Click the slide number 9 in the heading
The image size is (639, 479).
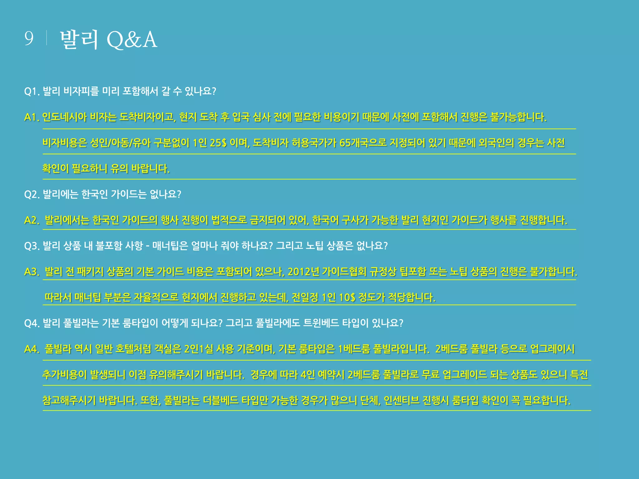(x=29, y=39)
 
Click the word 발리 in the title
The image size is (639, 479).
(x=79, y=40)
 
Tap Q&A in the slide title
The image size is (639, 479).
(x=132, y=40)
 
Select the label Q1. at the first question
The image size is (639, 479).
(x=32, y=92)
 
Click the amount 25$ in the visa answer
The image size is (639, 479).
(x=218, y=143)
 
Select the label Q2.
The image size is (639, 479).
(x=32, y=195)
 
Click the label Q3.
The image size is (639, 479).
(x=32, y=246)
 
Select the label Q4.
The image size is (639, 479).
(x=32, y=323)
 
